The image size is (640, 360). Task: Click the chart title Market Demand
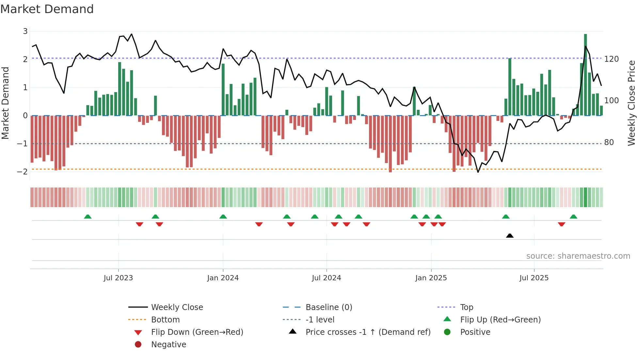tap(47, 9)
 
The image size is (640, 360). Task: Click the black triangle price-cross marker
tap(510, 236)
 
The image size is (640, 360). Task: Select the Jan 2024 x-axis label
tap(223, 278)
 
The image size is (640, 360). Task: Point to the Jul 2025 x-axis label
tap(534, 278)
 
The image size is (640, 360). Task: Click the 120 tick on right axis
tap(611, 59)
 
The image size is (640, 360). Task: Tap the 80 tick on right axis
tap(609, 142)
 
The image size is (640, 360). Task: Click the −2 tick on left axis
tap(22, 172)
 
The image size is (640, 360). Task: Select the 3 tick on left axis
tap(25, 31)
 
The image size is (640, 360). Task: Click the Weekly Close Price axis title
tap(632, 103)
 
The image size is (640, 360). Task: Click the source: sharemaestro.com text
tap(578, 256)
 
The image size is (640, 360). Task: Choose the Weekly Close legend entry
tap(177, 307)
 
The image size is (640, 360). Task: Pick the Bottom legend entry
tap(165, 320)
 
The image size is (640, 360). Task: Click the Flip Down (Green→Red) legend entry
tap(197, 332)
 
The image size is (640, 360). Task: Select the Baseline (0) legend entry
tap(328, 307)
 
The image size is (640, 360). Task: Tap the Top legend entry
tap(466, 307)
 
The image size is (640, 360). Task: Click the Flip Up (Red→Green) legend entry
tap(500, 320)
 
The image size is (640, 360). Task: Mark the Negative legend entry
tap(168, 345)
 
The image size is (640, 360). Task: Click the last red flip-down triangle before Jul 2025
tap(442, 224)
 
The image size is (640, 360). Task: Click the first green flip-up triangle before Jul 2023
tap(88, 217)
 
